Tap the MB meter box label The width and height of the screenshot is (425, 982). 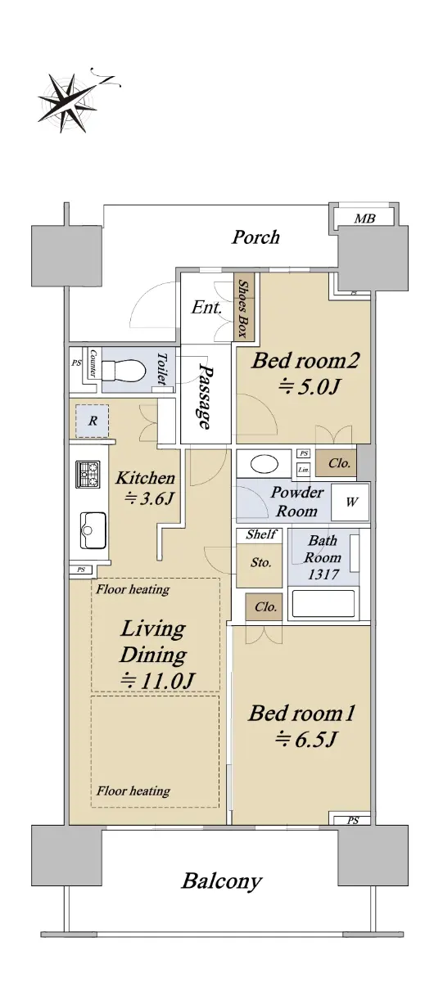(364, 218)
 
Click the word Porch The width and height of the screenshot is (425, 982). (255, 237)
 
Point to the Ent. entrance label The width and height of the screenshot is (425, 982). (206, 308)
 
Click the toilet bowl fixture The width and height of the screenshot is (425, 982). (124, 371)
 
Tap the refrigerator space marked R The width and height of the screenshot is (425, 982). (92, 421)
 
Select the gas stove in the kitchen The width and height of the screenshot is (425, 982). (88, 474)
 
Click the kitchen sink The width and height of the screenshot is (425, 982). (93, 530)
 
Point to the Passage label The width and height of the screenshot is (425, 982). (206, 396)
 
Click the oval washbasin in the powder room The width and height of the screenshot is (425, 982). (264, 464)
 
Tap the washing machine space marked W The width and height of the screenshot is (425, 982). (350, 502)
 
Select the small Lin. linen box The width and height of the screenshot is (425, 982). (304, 470)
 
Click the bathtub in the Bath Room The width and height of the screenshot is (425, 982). (323, 604)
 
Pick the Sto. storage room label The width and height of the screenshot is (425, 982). (260, 562)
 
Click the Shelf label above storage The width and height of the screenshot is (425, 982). (261, 534)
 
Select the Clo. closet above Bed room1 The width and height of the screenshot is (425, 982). (264, 606)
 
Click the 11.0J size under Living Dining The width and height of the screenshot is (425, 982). (157, 680)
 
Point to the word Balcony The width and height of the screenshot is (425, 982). (222, 881)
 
